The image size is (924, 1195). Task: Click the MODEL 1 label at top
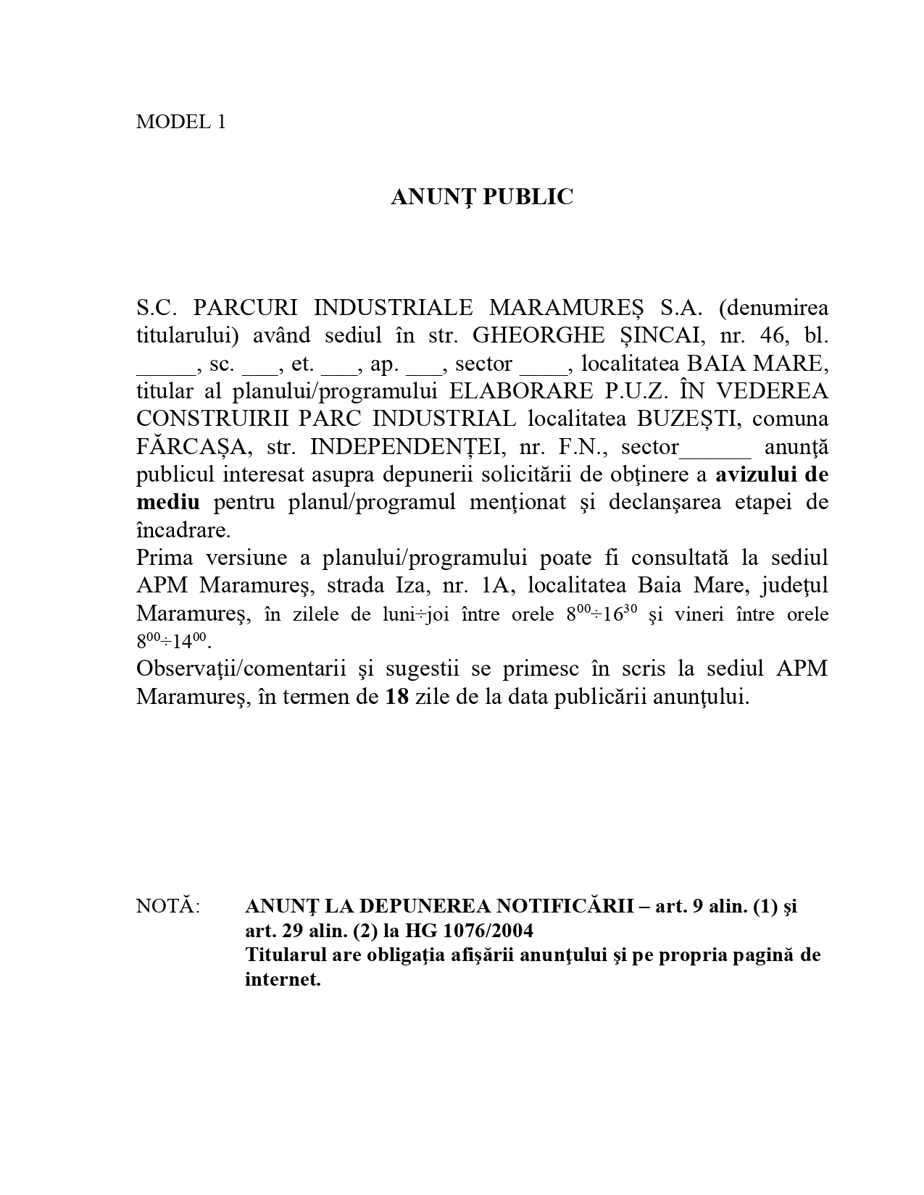181,122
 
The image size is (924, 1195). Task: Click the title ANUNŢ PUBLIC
482,197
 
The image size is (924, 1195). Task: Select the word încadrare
183,531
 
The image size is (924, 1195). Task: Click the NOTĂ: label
168,907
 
